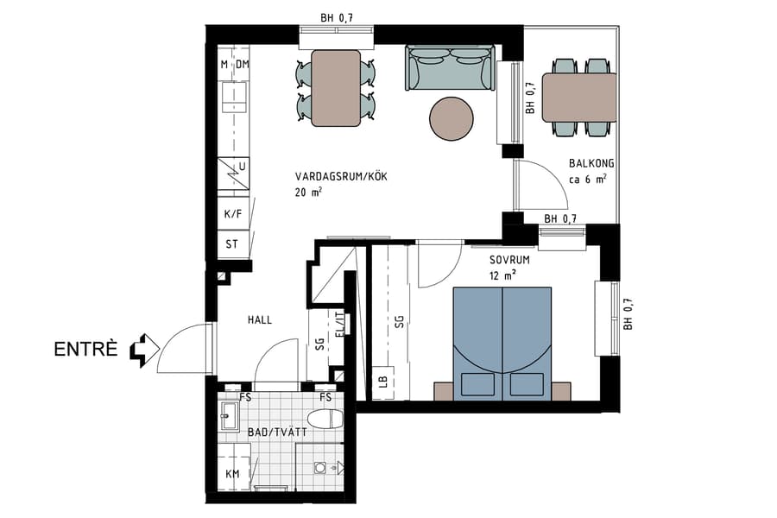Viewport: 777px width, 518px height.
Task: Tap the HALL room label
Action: (x=259, y=319)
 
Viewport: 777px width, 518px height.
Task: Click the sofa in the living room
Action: (x=449, y=69)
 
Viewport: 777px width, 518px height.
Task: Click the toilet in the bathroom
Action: (x=326, y=420)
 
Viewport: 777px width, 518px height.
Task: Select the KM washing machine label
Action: (x=232, y=474)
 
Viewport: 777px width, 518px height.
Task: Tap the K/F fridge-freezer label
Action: (x=232, y=213)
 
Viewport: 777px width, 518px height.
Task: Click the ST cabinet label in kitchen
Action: (x=231, y=244)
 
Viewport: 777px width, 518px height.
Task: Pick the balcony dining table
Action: (x=579, y=97)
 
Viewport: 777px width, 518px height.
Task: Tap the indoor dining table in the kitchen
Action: (x=336, y=87)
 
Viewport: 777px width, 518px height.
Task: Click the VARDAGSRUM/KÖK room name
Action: (x=341, y=176)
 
